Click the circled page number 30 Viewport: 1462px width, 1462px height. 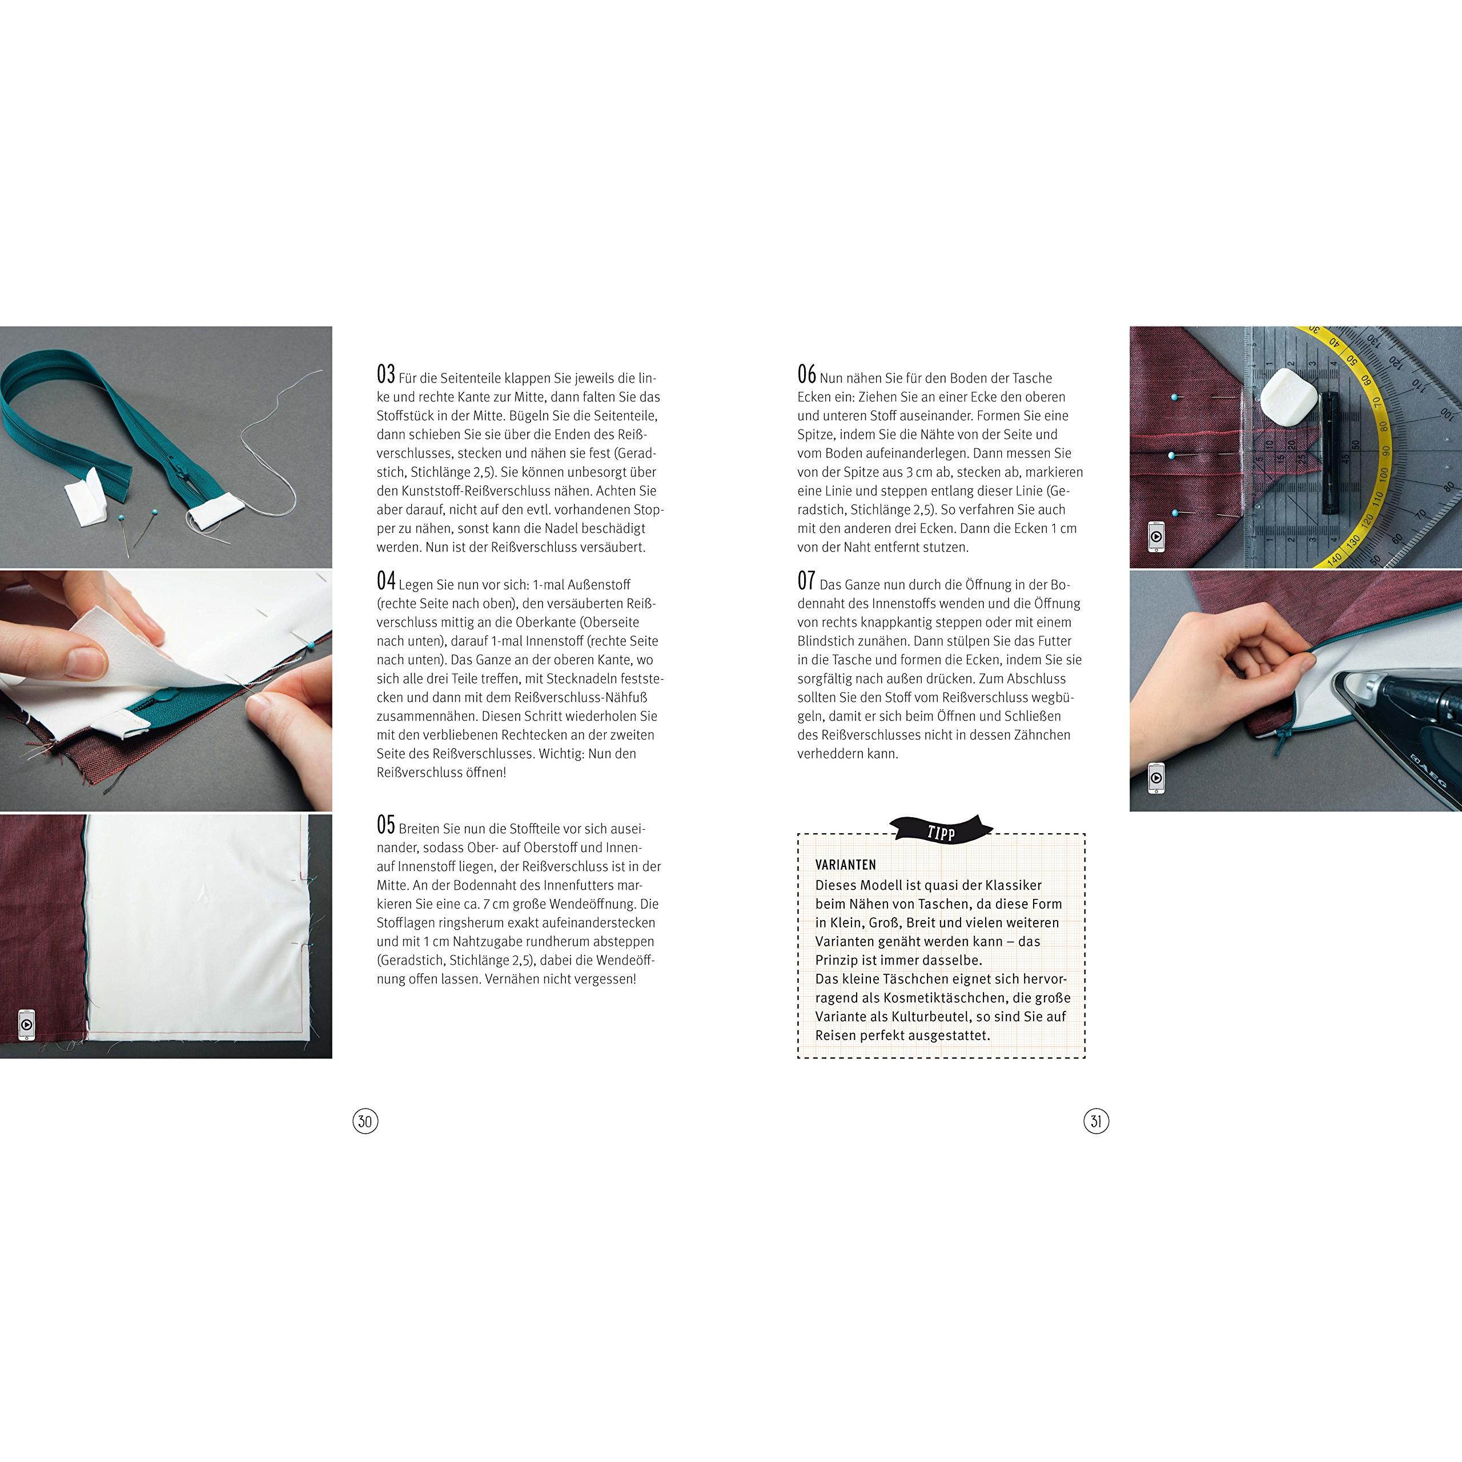point(365,1120)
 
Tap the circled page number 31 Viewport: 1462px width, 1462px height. point(1096,1120)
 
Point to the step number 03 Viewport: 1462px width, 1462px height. point(386,375)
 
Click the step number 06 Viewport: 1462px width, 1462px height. point(807,375)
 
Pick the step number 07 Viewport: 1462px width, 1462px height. point(807,581)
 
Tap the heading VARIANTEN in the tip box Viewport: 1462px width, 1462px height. point(845,865)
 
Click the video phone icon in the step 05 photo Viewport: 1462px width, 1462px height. point(26,1025)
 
